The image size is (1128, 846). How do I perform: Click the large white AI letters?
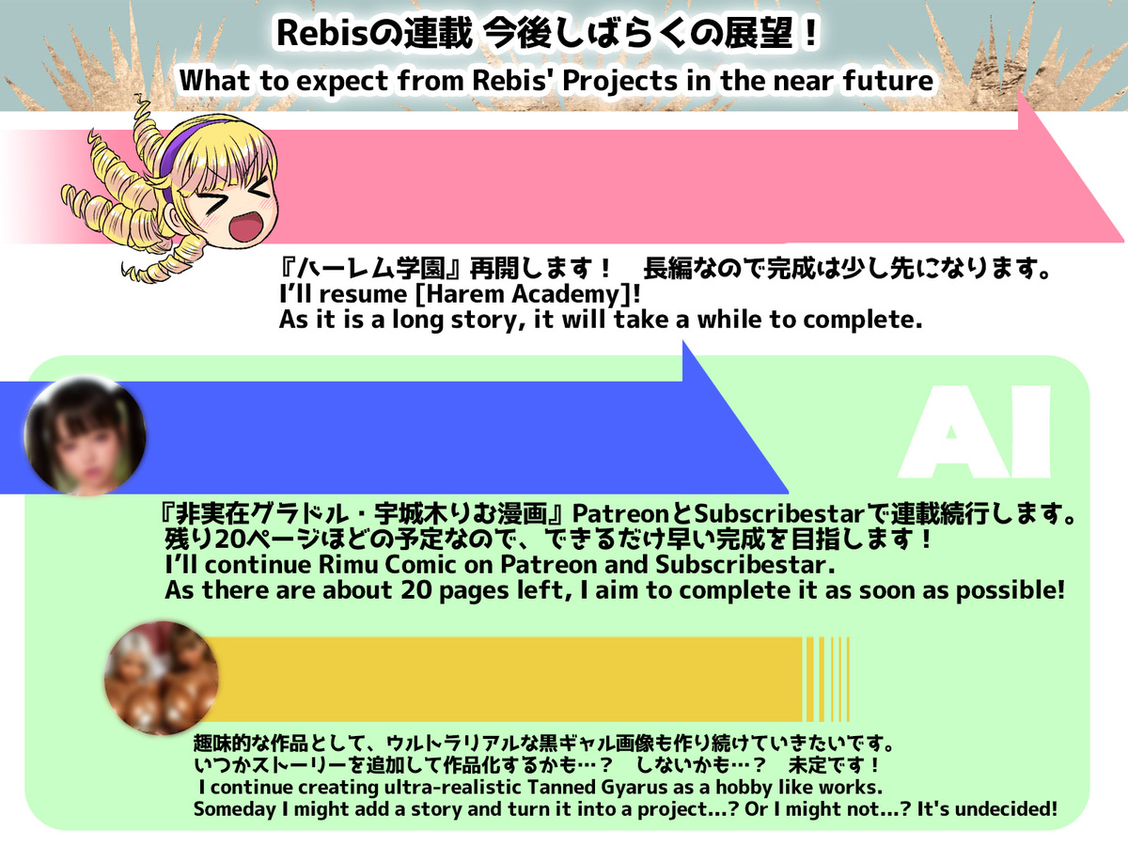974,432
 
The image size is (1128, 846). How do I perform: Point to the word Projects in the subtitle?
619,81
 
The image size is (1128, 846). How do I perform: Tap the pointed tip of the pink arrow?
1123,241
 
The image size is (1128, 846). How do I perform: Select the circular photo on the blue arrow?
85,436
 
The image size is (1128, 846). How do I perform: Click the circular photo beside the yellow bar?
162,678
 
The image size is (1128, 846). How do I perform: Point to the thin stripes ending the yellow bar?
826,679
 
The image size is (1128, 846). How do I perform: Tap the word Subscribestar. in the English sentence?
745,565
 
